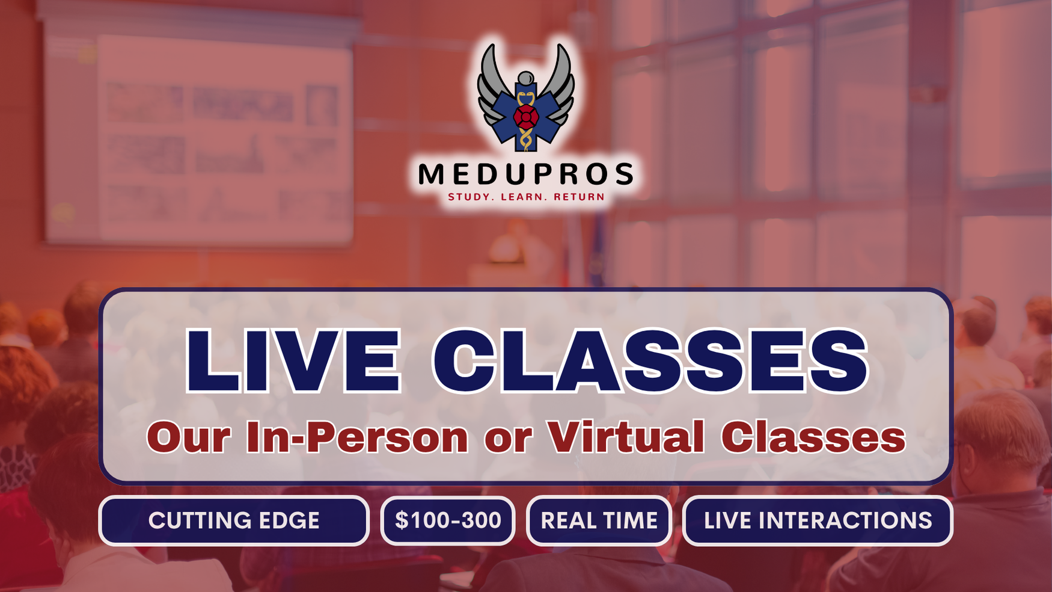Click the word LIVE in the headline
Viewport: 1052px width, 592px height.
coord(293,361)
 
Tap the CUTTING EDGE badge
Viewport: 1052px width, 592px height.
coord(234,521)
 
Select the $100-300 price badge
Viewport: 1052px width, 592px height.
coord(448,521)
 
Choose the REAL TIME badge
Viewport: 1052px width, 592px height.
coord(599,521)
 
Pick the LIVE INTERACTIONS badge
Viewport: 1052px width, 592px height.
coord(818,521)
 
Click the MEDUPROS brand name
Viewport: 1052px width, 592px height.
coord(526,174)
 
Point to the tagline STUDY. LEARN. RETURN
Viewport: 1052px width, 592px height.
coord(526,197)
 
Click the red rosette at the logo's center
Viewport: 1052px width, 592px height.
coord(526,117)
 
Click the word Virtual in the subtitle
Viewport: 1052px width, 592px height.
coord(626,437)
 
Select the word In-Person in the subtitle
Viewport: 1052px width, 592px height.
coord(357,437)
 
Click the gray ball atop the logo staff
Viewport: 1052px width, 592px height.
coord(526,78)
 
